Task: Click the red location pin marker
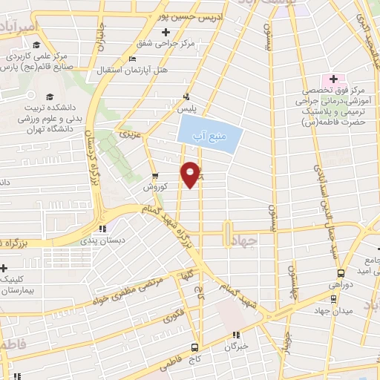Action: point(192,174)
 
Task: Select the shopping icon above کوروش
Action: point(154,177)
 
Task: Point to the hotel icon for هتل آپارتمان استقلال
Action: point(132,59)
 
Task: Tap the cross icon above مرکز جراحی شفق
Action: point(166,32)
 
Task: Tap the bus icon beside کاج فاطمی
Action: point(194,347)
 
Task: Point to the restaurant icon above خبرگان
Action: point(237,335)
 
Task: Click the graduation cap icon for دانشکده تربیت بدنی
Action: point(49,96)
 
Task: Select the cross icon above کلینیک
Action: point(4,268)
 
